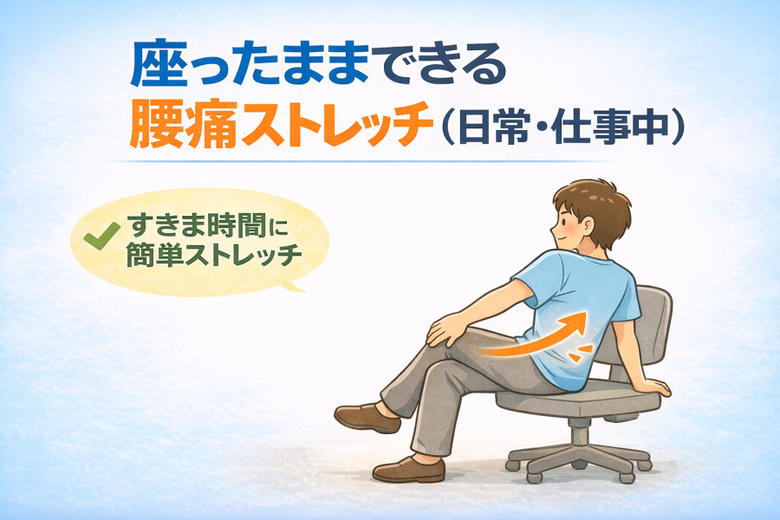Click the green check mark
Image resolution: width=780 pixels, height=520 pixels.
(x=101, y=236)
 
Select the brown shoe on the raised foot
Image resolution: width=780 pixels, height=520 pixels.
(x=367, y=418)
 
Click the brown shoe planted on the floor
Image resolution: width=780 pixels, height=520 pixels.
(x=409, y=470)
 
